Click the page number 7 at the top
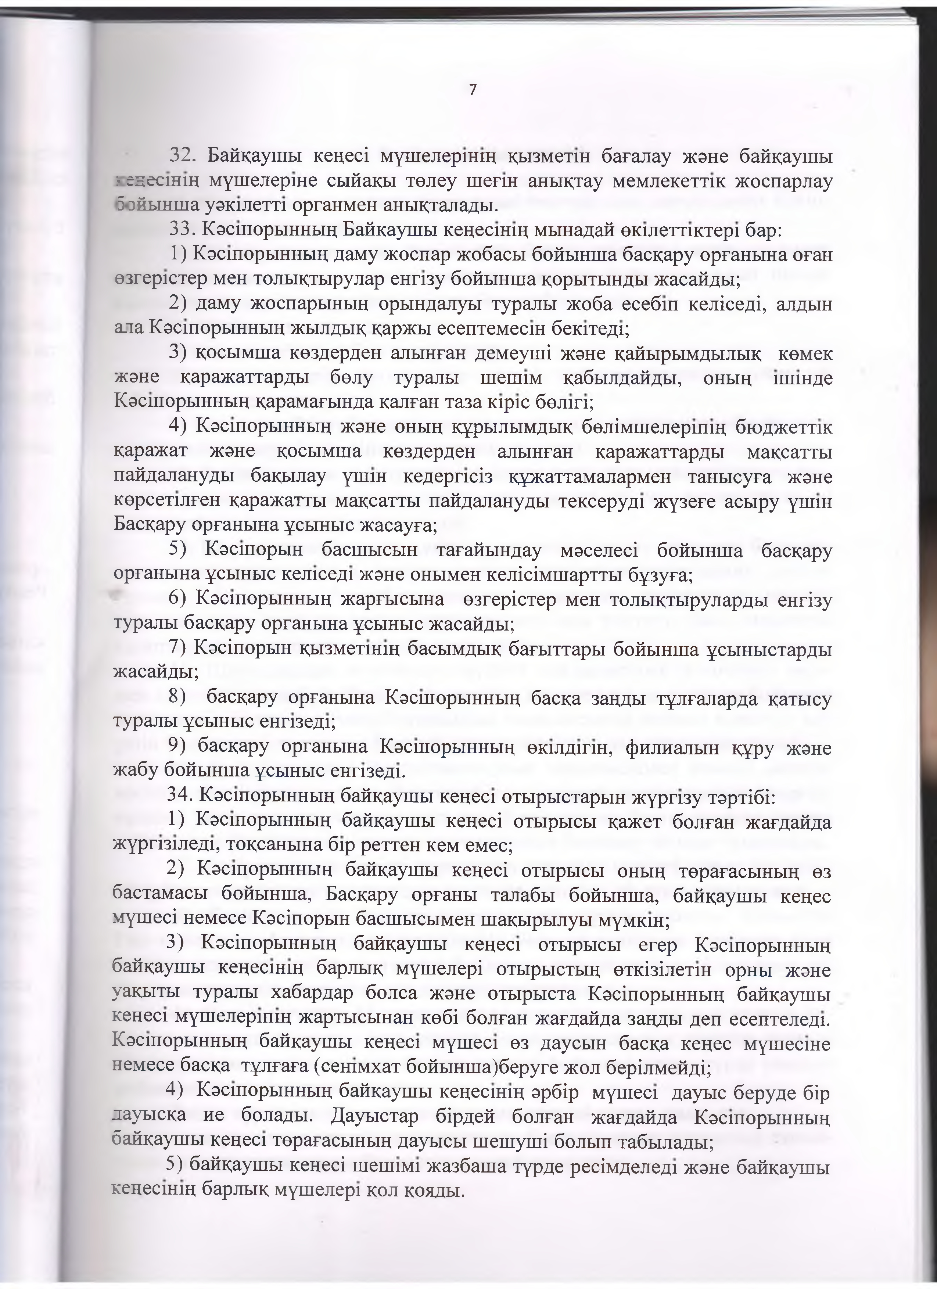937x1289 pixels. (472, 89)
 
